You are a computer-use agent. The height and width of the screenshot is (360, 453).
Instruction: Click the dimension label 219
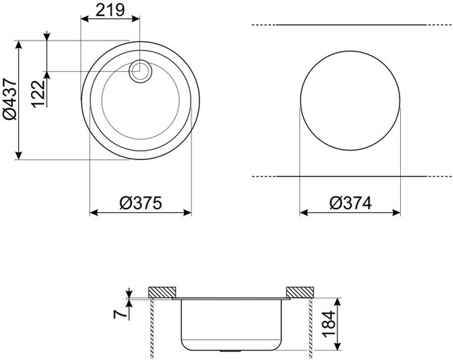(x=110, y=10)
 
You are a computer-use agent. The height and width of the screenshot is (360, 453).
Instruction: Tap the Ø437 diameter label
(x=10, y=99)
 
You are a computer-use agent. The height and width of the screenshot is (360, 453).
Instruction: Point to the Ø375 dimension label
(x=141, y=203)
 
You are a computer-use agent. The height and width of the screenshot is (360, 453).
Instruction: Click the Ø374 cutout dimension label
(x=350, y=203)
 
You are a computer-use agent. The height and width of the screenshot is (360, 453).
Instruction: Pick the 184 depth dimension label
(x=329, y=324)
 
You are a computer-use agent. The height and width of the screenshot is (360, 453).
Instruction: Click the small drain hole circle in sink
(x=140, y=71)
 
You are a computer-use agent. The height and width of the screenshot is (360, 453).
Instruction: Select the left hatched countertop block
(x=162, y=292)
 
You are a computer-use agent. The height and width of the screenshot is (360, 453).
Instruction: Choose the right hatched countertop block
(x=299, y=292)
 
